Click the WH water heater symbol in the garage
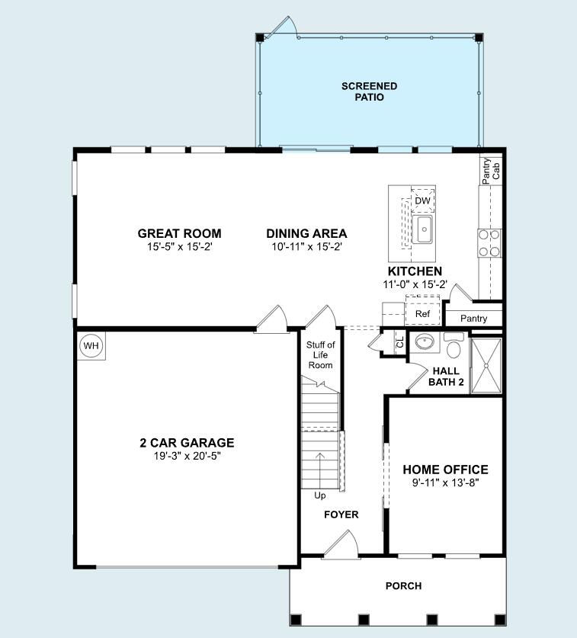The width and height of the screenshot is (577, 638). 91,346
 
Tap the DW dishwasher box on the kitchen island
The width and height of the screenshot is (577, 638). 423,200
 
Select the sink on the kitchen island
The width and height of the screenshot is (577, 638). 424,229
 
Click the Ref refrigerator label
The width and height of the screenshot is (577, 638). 422,314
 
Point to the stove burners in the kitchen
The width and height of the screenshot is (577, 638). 489,242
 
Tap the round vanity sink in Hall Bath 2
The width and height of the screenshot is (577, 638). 424,342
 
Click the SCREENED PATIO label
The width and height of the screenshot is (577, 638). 369,91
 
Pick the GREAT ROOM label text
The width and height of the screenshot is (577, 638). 179,233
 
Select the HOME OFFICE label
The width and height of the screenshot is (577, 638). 445,470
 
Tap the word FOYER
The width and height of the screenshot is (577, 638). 341,515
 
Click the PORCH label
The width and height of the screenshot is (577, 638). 403,585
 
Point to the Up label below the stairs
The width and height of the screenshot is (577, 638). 320,495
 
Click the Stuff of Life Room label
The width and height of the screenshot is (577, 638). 320,355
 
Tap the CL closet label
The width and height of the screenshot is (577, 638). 400,342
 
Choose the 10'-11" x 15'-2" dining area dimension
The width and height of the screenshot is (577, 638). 306,247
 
